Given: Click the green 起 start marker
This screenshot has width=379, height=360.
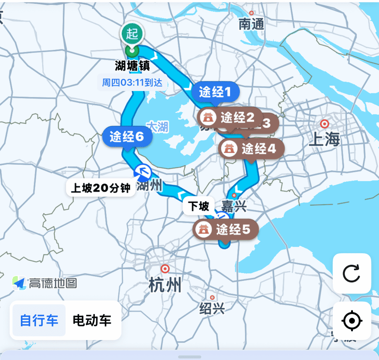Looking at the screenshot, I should click(x=132, y=34).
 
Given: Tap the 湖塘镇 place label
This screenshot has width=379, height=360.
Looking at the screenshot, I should click(x=132, y=65).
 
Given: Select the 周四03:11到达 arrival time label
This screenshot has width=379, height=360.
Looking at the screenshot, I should click(x=132, y=83).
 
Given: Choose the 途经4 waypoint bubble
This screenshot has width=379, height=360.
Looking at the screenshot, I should click(x=252, y=148).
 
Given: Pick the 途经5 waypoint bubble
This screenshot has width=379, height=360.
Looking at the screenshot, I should click(x=226, y=230).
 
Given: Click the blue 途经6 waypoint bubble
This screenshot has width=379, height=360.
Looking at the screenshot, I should click(x=127, y=137).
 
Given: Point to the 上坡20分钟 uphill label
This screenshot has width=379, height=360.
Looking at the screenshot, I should click(x=100, y=188).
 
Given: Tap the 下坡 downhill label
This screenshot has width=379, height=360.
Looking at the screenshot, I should click(x=199, y=206).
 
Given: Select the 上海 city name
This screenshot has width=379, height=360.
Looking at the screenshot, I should click(x=325, y=139).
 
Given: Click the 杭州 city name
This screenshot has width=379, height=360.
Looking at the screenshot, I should click(x=165, y=285).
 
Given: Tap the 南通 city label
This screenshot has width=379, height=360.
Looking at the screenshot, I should click(x=252, y=24).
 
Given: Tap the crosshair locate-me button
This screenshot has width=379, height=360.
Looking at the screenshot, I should click(x=352, y=321).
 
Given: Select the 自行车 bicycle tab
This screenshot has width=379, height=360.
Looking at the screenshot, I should click(x=39, y=321).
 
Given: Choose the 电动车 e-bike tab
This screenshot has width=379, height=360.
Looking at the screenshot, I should click(x=92, y=321).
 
